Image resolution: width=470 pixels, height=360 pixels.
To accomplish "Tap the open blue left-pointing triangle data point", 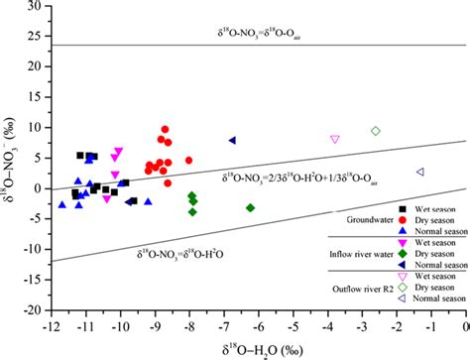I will pos(420,172).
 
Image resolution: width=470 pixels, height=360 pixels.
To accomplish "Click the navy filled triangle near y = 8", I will pos(232,141).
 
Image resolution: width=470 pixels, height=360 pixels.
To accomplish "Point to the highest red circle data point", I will pos(166,130).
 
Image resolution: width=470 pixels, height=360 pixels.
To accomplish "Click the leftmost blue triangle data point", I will pos(62,204).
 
